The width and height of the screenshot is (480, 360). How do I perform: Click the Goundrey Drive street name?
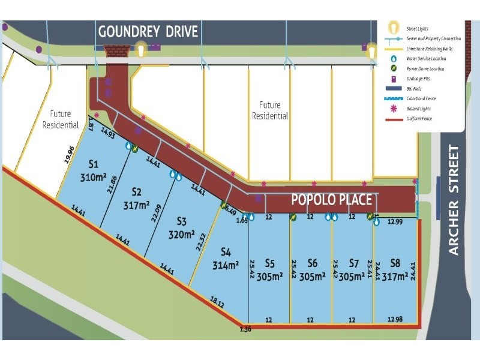pos(148,32)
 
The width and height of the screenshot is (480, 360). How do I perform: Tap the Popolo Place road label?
pos(331,200)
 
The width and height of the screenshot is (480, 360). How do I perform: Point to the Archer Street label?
pos(454,200)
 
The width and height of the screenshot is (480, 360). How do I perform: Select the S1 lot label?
pos(93,164)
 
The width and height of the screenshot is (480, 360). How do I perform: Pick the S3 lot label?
pos(182,220)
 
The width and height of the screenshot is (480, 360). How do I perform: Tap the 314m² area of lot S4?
pos(226,265)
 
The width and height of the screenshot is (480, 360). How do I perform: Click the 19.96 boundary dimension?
pos(70,155)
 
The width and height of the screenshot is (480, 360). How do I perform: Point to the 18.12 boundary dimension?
pos(217,304)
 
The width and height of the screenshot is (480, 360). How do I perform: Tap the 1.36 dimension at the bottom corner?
pos(245,329)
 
